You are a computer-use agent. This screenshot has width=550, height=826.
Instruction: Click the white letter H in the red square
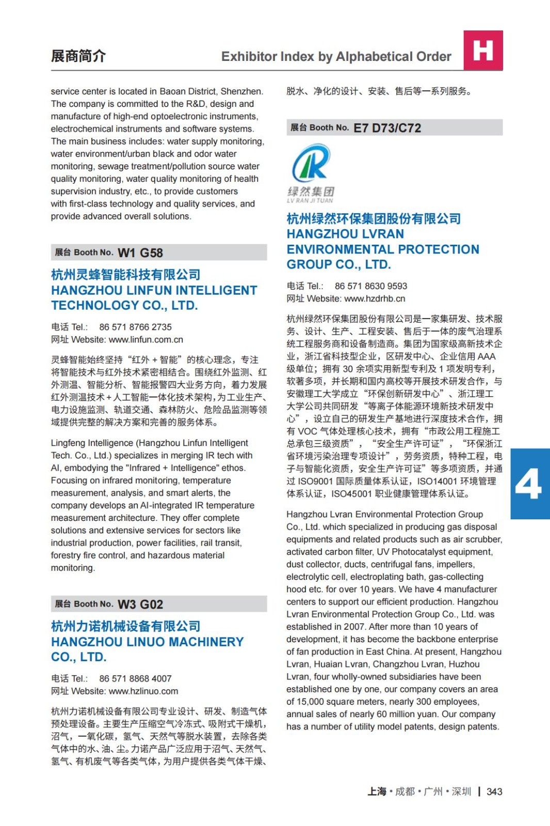click(x=483, y=50)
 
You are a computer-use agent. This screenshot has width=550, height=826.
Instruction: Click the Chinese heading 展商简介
click(x=78, y=56)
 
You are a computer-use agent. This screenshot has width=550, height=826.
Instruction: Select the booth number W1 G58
click(x=140, y=253)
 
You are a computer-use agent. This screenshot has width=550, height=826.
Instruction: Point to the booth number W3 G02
click(x=140, y=605)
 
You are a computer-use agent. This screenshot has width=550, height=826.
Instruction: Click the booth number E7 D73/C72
click(x=387, y=128)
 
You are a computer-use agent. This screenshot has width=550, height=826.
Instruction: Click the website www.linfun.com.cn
click(x=146, y=340)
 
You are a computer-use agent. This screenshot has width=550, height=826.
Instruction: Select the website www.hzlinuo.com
click(x=143, y=691)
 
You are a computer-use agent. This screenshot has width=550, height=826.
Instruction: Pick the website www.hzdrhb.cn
click(x=375, y=299)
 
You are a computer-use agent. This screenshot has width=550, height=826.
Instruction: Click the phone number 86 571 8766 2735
click(x=135, y=327)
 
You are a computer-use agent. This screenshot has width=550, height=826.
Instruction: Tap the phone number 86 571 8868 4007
click(x=135, y=679)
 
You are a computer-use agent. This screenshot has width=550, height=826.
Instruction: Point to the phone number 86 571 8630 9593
click(x=371, y=287)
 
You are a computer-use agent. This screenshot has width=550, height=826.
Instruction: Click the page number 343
click(x=494, y=792)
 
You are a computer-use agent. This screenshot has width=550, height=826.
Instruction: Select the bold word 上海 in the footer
click(x=377, y=792)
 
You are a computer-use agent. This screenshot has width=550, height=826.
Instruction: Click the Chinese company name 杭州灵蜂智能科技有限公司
click(x=125, y=275)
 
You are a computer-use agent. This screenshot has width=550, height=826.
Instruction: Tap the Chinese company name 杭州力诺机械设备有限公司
click(x=125, y=626)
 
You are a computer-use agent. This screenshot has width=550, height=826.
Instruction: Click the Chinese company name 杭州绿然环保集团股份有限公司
click(x=374, y=219)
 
